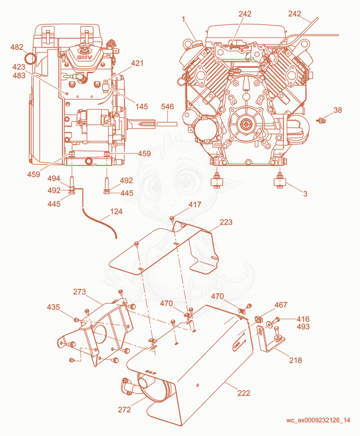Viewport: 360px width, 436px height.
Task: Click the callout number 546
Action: [167, 107]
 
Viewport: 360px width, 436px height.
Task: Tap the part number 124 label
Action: [116, 212]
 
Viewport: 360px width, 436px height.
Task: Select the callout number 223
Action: [226, 222]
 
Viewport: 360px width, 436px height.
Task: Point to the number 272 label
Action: [124, 409]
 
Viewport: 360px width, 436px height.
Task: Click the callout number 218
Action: [295, 360]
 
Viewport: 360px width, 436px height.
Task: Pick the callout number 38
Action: [337, 110]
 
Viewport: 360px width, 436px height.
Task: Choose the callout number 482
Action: [17, 47]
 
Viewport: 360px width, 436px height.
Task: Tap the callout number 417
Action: [194, 205]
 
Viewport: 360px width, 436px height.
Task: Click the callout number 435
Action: [53, 307]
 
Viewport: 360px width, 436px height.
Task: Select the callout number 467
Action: [281, 305]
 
